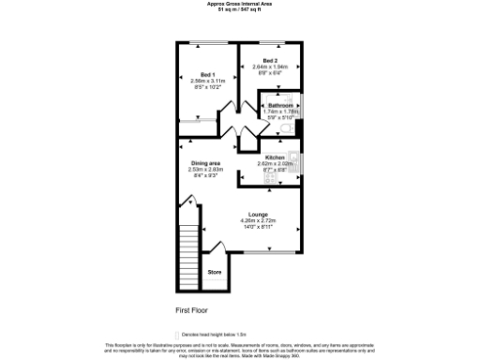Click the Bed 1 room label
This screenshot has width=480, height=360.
(207, 74)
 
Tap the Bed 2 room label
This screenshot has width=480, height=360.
(269, 60)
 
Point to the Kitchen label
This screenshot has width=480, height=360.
(275, 157)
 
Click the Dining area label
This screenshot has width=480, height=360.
(206, 162)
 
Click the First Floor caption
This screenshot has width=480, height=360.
(191, 308)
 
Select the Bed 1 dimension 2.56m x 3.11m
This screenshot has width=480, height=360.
(207, 81)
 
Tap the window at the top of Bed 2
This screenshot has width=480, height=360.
(273, 43)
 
